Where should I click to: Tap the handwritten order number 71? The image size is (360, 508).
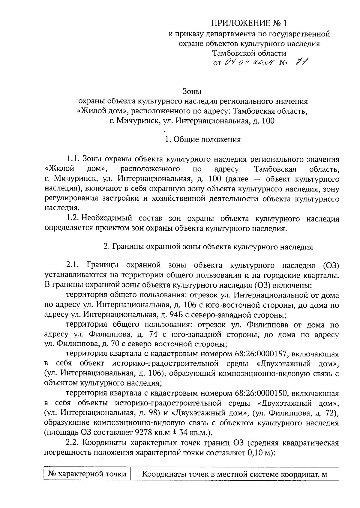click(x=302, y=63)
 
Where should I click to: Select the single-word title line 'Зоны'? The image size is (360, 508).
click(x=192, y=91)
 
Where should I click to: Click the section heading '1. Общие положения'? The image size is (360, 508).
click(x=203, y=139)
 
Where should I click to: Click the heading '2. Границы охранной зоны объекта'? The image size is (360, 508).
click(x=208, y=247)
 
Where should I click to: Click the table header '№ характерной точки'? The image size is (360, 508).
click(x=87, y=474)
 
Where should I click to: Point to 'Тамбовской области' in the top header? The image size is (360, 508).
click(x=249, y=53)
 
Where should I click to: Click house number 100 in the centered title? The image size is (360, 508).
click(x=268, y=121)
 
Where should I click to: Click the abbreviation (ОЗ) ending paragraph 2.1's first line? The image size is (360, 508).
click(x=331, y=265)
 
